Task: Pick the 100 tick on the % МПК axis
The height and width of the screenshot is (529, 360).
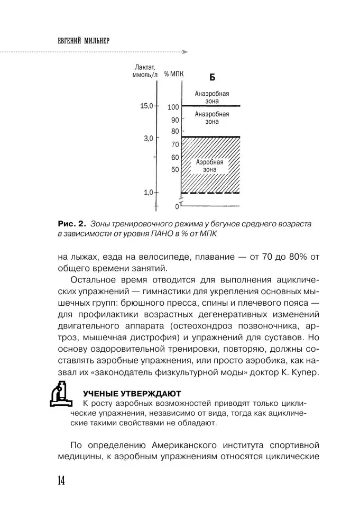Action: tap(173, 107)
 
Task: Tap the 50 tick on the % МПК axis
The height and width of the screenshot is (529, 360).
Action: tap(175, 170)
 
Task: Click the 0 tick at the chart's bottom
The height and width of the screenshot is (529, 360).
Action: tap(178, 206)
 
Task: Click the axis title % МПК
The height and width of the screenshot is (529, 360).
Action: tap(173, 76)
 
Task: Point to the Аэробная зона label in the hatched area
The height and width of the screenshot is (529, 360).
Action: tap(210, 166)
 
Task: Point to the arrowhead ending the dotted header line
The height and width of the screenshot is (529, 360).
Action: tap(184, 52)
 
